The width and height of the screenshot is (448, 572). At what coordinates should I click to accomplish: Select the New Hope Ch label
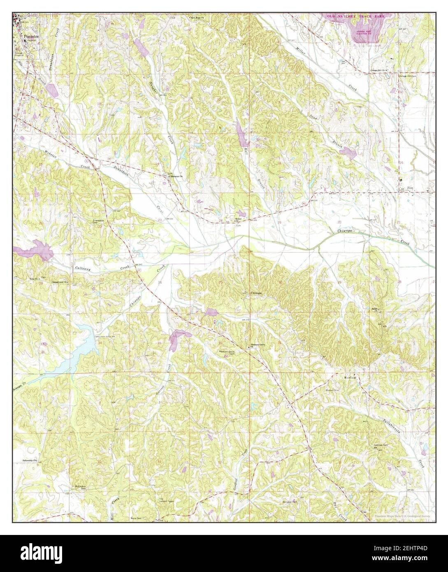point(197,19)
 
